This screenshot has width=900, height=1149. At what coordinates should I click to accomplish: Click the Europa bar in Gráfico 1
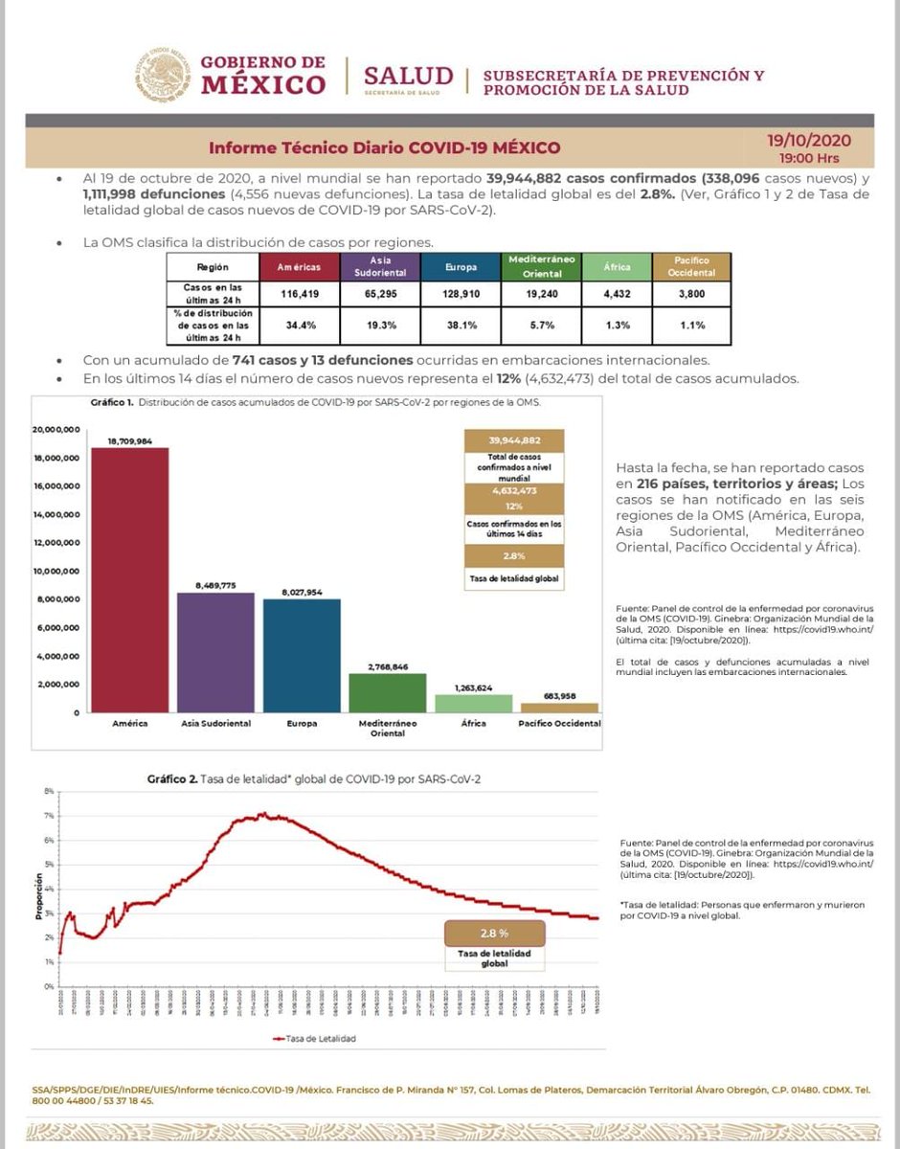(302, 656)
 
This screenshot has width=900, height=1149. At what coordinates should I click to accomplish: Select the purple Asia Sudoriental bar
(215, 652)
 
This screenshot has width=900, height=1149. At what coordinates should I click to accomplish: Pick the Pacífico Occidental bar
(559, 708)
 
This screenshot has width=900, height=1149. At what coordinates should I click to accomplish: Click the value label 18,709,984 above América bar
(129, 440)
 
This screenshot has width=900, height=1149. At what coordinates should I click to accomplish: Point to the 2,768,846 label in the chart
(387, 665)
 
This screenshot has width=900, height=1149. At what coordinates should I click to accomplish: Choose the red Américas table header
(299, 266)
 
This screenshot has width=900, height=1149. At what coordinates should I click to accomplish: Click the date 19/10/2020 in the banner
(809, 141)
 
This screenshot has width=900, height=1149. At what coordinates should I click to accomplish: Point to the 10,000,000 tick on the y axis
(55, 572)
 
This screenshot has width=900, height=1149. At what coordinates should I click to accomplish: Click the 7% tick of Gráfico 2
(48, 816)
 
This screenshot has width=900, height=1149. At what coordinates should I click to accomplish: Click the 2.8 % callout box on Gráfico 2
(494, 933)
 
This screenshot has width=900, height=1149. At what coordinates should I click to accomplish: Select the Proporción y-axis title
(37, 898)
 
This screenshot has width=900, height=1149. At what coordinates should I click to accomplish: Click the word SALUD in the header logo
(409, 76)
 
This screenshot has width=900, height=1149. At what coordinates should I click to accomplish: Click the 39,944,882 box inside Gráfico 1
(514, 440)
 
